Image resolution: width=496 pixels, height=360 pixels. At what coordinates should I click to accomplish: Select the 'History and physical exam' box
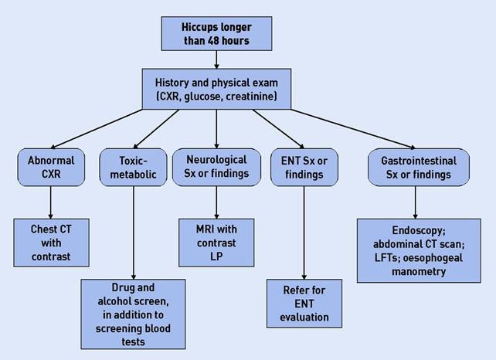[216, 89]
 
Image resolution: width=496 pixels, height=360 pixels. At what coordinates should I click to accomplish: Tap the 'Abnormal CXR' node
[49, 168]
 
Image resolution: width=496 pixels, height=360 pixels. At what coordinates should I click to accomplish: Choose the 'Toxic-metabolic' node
[134, 168]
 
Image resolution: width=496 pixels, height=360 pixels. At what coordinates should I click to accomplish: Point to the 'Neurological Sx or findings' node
[216, 168]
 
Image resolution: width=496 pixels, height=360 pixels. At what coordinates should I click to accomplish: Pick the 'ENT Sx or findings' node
[304, 168]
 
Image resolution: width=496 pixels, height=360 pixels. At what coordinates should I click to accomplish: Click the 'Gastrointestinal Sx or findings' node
[418, 168]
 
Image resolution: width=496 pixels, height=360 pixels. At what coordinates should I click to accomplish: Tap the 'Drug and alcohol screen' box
[133, 314]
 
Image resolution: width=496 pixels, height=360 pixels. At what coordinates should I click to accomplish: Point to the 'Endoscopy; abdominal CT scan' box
[416, 249]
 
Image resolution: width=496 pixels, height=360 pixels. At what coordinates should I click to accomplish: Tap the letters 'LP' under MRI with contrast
[217, 255]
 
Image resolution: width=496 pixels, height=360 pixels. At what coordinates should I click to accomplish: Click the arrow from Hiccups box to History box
[217, 60]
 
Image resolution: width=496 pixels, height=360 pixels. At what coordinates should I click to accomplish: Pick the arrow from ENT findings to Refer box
[304, 232]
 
